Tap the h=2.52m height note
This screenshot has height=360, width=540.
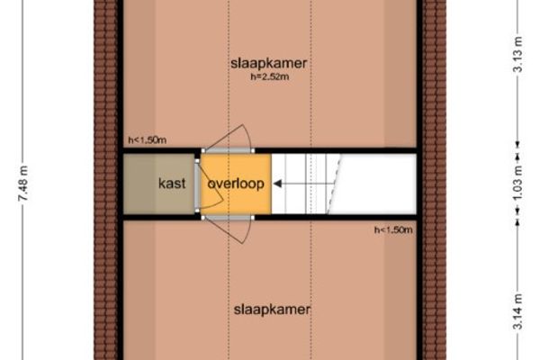click(x=270, y=78)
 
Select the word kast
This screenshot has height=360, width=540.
click(x=172, y=184)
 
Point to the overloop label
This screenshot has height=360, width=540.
click(x=235, y=184)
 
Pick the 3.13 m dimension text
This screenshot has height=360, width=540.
click(x=519, y=62)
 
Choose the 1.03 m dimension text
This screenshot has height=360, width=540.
click(x=519, y=184)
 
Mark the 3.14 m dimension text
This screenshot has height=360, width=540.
click(x=519, y=311)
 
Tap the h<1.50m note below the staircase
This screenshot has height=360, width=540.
click(x=392, y=230)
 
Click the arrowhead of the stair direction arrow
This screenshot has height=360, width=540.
click(x=277, y=184)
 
